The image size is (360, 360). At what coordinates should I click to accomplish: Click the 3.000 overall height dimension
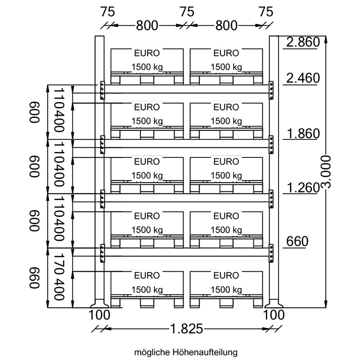tap(326, 172)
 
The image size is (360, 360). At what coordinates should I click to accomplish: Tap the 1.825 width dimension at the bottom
tap(187, 329)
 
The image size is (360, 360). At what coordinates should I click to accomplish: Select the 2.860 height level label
tap(303, 42)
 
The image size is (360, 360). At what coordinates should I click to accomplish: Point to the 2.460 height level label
tap(303, 78)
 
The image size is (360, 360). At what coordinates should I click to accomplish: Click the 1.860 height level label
tap(303, 133)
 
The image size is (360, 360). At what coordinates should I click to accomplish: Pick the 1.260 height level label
tap(303, 188)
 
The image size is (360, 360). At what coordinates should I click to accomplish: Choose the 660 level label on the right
tap(297, 241)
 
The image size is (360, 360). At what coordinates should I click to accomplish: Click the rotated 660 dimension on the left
tap(35, 278)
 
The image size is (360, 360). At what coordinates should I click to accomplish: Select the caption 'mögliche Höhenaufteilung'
tap(186, 352)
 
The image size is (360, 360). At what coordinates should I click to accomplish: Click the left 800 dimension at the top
tap(147, 26)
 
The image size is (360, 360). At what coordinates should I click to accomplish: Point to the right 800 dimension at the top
tap(226, 26)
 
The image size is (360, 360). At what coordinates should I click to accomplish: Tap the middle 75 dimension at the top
tap(187, 12)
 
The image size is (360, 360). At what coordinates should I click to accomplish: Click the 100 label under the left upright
tap(99, 315)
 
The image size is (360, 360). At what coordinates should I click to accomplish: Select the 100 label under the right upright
tap(274, 315)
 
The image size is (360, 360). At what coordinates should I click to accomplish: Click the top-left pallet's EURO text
tap(147, 53)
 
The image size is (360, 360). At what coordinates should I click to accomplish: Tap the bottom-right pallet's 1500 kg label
tap(226, 290)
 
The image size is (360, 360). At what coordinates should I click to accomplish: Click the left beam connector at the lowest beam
tap(103, 253)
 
